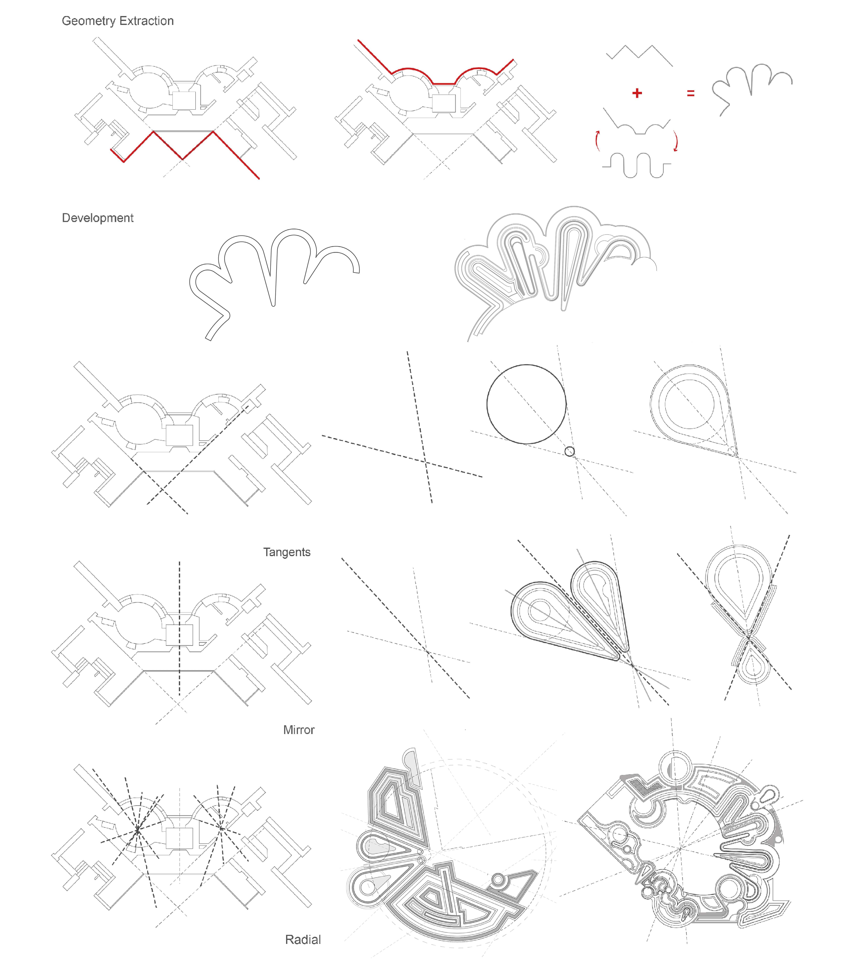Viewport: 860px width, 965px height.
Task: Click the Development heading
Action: tap(98, 218)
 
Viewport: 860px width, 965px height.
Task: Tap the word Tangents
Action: tap(287, 552)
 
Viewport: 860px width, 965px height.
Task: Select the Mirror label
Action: tap(299, 730)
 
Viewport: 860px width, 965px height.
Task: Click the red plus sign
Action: tap(637, 93)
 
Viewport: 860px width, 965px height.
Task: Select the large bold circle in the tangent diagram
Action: tap(487, 404)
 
